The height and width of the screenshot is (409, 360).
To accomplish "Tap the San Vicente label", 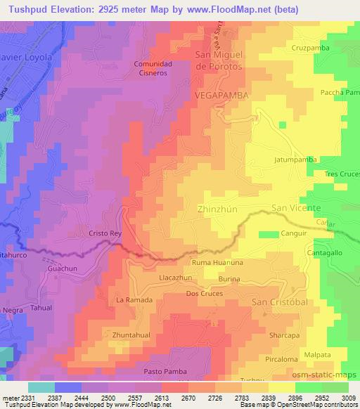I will point(296,209).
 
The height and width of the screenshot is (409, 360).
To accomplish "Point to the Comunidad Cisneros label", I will point(153,67).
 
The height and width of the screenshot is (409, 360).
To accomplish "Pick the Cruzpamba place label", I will point(309,48).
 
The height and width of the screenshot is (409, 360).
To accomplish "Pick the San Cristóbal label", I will point(280,301).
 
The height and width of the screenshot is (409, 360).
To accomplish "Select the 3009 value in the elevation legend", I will point(349,398).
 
